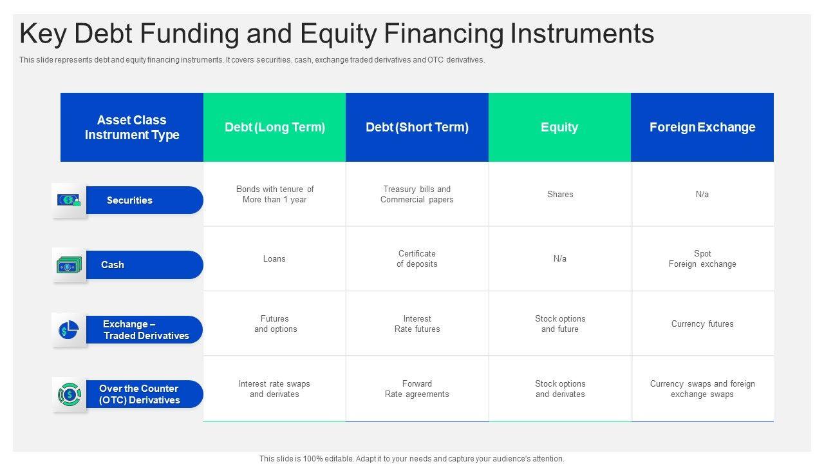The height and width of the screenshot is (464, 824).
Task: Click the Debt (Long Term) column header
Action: pyautogui.click(x=274, y=127)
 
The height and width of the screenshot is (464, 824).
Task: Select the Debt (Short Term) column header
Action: pyautogui.click(x=417, y=127)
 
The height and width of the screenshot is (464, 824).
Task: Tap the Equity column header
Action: pyautogui.click(x=559, y=127)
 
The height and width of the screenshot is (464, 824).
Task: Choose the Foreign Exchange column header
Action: pyautogui.click(x=702, y=127)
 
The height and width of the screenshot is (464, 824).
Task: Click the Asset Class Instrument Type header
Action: pyautogui.click(x=132, y=127)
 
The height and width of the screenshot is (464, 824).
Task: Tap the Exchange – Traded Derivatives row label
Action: pyautogui.click(x=145, y=329)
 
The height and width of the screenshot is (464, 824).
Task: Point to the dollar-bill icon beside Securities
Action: pyautogui.click(x=69, y=200)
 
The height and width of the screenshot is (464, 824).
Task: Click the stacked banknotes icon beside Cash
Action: pyautogui.click(x=69, y=265)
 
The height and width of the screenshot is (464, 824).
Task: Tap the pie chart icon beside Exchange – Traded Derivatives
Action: pyautogui.click(x=69, y=329)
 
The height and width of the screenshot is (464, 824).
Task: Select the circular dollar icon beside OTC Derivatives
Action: pyautogui.click(x=69, y=394)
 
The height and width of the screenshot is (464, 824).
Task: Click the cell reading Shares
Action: pyautogui.click(x=560, y=194)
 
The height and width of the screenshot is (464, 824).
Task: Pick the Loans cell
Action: pyautogui.click(x=274, y=258)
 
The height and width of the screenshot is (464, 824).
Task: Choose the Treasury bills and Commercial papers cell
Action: pyautogui.click(x=417, y=194)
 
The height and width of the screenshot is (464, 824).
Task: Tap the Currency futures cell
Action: pyautogui.click(x=702, y=324)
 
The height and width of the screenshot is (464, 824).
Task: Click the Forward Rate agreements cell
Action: pyautogui.click(x=417, y=389)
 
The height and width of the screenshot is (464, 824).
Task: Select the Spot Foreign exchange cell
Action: pyautogui.click(x=702, y=258)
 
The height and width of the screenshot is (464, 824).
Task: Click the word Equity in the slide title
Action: pyautogui.click(x=339, y=34)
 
